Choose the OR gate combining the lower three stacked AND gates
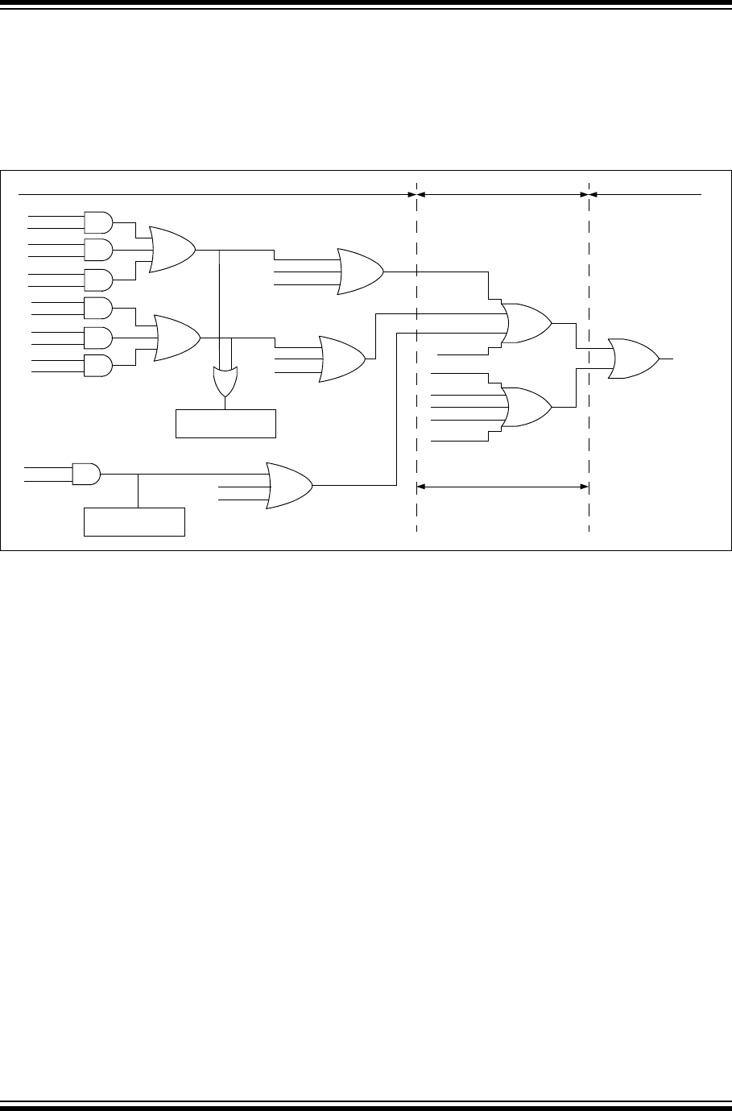coord(176,337)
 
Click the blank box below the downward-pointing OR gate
coord(225,423)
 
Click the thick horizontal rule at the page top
coord(366,5)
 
